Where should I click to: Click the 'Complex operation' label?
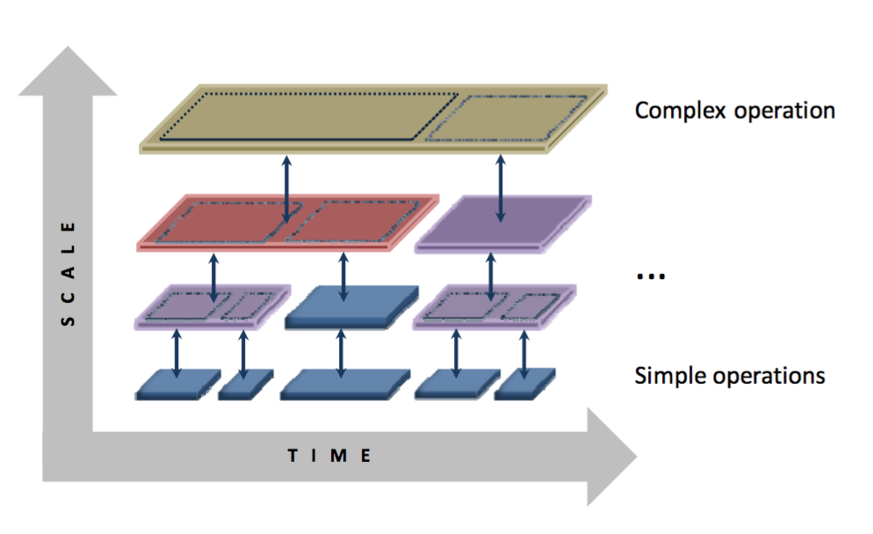(734, 111)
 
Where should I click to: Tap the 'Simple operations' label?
(729, 376)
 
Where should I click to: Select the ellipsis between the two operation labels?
(651, 276)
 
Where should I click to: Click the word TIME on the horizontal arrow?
(330, 455)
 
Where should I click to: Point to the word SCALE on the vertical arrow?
(69, 272)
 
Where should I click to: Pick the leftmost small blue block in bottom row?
(177, 386)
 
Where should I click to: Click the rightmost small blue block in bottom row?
(524, 385)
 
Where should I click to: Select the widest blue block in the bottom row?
(344, 384)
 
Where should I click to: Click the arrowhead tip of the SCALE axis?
(67, 49)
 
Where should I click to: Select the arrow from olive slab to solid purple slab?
(501, 189)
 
